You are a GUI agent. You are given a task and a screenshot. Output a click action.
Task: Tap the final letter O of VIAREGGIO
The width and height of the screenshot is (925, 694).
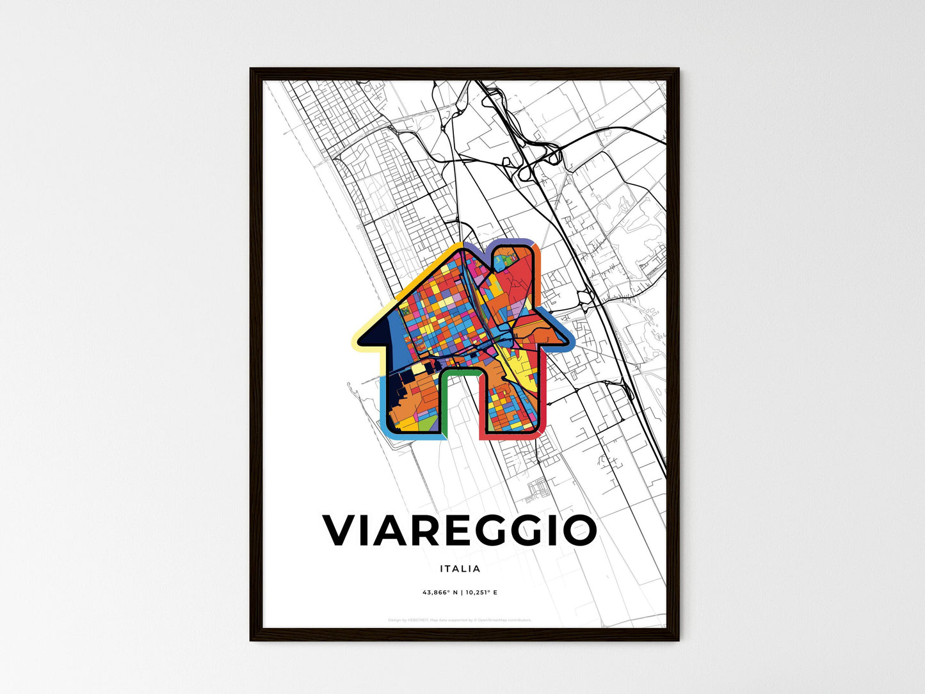(x=579, y=530)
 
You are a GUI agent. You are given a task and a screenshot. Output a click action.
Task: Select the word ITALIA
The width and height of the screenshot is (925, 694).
(x=460, y=569)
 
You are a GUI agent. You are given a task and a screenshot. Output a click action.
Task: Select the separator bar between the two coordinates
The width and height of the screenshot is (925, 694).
(x=461, y=592)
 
